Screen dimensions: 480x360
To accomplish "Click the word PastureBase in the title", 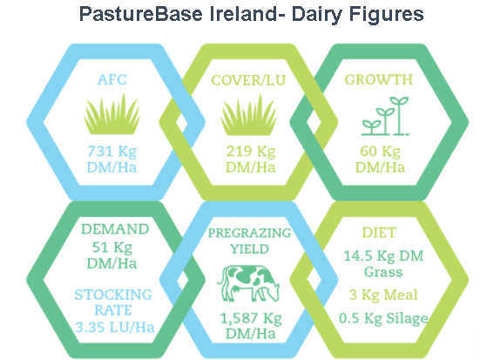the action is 141,14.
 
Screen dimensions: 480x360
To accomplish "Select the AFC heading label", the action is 112,80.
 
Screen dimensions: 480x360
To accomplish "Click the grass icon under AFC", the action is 112,114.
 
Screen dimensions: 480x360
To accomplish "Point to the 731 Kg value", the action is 112,152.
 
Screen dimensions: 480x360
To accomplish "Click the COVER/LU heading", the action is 248,80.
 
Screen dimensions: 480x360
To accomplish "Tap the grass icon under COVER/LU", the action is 248,115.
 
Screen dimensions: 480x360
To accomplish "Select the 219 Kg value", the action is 251,152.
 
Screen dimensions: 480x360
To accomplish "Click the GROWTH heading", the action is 379,80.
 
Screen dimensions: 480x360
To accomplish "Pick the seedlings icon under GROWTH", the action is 385,116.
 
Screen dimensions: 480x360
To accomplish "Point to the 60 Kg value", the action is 380,152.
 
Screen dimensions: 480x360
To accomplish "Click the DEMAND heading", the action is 115,229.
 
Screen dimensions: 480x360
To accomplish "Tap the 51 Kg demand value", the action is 112,248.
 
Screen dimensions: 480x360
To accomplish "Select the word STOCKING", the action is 113,295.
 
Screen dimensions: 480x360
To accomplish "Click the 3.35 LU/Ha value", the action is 115,327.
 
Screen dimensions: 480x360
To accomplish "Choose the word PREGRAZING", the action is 249,233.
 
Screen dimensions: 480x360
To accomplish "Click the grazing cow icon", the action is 248,283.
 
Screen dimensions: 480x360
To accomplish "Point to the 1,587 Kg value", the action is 251,319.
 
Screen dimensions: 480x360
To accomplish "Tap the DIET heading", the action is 379,233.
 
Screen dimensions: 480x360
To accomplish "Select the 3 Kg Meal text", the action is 383,295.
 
